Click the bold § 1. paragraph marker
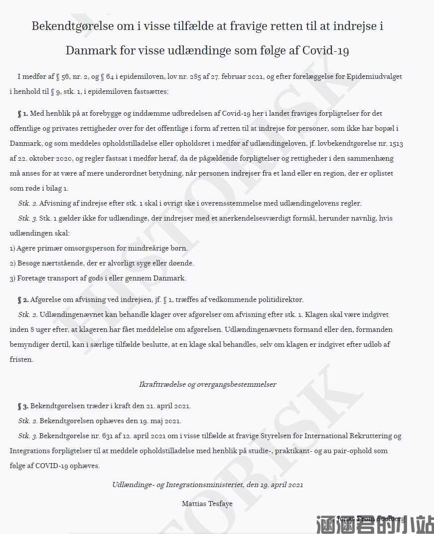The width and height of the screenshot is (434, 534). [x=23, y=114]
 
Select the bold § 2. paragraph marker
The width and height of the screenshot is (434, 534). [x=23, y=300]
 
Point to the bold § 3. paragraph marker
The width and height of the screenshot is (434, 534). [x=23, y=406]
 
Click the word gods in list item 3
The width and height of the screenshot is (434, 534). [x=125, y=278]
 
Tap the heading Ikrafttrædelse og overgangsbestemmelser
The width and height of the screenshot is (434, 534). [x=207, y=385]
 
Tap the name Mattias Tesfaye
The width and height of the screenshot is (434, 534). [x=207, y=504]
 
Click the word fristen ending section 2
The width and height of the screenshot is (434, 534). [x=21, y=359]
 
